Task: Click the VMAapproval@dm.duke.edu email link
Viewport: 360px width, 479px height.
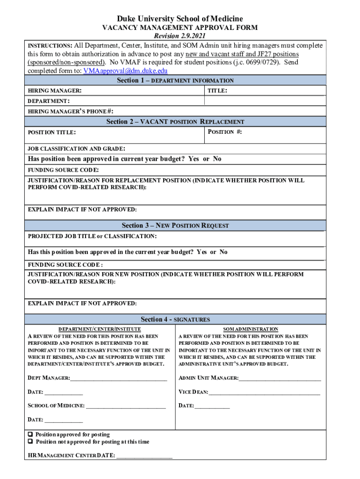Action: point(125,71)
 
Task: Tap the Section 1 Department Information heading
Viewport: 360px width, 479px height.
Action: point(175,80)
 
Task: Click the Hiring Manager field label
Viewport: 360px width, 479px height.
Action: point(55,90)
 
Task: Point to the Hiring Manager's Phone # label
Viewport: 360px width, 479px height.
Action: point(70,111)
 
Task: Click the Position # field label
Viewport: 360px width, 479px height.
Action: point(224,132)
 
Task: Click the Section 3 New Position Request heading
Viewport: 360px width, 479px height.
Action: point(175,225)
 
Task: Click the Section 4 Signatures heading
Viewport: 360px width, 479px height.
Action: point(175,319)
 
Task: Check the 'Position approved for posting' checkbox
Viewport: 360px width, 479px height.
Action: point(30,435)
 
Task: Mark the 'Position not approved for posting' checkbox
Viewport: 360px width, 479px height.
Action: point(30,442)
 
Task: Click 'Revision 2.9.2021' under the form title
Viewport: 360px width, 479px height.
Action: point(180,36)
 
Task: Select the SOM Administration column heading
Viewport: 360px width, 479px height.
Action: point(251,329)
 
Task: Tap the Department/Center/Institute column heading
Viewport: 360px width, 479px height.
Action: point(100,329)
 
